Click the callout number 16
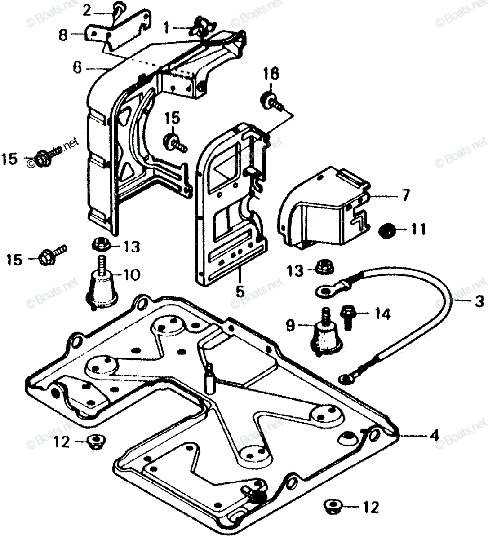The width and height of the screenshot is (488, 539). [271, 74]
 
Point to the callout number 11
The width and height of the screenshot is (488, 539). [417, 229]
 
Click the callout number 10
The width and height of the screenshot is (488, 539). [131, 274]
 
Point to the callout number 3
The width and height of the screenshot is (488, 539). [479, 302]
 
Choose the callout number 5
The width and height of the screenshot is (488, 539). [240, 290]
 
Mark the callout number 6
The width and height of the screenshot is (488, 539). [77, 68]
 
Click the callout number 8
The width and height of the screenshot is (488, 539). [63, 35]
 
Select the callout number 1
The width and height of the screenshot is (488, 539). [167, 28]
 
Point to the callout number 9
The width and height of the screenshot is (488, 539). [290, 326]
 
